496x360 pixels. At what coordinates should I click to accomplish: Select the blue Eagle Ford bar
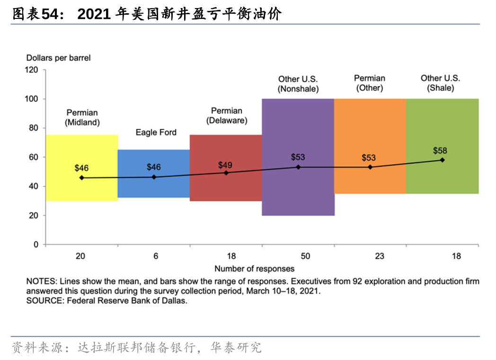[154, 187]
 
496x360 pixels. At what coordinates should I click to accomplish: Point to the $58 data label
[440, 151]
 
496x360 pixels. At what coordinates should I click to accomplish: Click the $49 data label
[225, 165]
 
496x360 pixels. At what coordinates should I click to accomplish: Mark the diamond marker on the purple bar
[298, 167]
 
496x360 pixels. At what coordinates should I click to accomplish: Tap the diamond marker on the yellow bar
[82, 178]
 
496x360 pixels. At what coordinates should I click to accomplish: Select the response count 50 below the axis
[305, 256]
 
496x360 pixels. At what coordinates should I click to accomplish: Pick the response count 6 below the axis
[156, 256]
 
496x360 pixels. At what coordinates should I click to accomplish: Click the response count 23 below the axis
[380, 256]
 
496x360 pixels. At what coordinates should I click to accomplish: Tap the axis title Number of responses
[254, 269]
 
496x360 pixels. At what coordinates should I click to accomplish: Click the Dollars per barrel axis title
[58, 58]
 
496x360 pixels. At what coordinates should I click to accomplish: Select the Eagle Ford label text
[156, 132]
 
